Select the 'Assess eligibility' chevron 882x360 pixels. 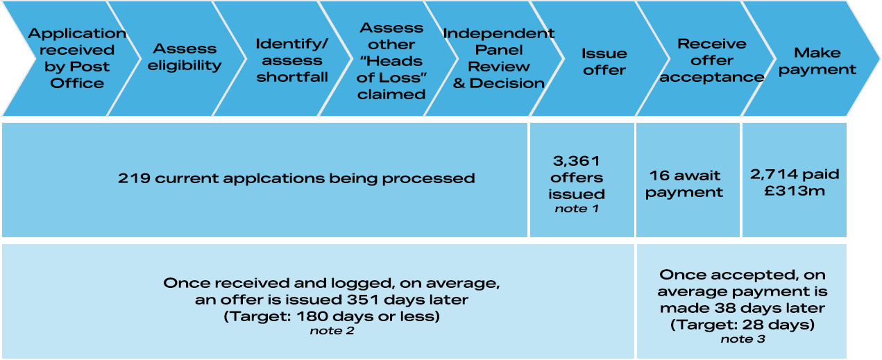tap(184, 58)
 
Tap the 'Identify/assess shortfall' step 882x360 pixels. tap(291, 60)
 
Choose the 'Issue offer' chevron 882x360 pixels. tap(604, 62)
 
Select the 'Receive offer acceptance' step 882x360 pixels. tap(711, 60)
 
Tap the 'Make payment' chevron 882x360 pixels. tap(817, 61)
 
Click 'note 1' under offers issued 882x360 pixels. tap(577, 207)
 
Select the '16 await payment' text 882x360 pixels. tap(684, 184)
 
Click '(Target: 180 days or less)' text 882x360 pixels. tap(331, 316)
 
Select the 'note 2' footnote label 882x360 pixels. tap(331, 331)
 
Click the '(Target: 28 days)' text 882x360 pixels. tap(743, 324)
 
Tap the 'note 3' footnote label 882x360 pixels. tap(742, 338)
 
